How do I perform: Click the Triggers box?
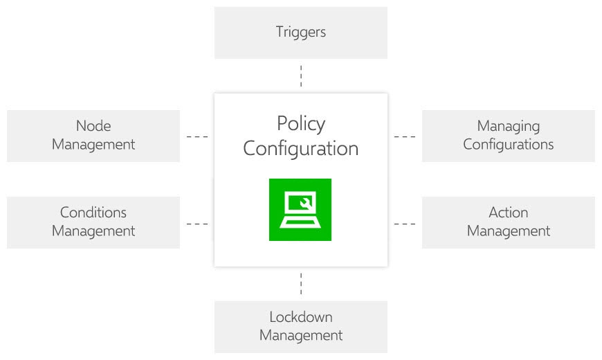point(300,33)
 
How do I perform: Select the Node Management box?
point(93,136)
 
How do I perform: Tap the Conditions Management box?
point(93,222)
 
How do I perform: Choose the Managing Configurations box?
point(508,136)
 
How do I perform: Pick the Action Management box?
point(508,222)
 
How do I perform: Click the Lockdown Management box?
point(300,327)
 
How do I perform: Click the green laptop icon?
point(300,210)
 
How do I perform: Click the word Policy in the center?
point(300,124)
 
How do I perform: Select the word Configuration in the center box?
point(300,148)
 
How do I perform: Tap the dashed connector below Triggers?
point(301,76)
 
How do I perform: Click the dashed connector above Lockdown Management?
point(301,284)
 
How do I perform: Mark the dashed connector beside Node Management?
point(197,136)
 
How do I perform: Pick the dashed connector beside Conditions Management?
point(197,224)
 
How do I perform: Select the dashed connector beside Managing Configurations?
point(405,136)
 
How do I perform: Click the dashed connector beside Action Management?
point(405,224)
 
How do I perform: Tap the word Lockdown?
point(300,317)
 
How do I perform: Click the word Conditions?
point(93,213)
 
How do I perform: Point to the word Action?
point(508,213)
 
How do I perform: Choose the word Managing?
point(508,126)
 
